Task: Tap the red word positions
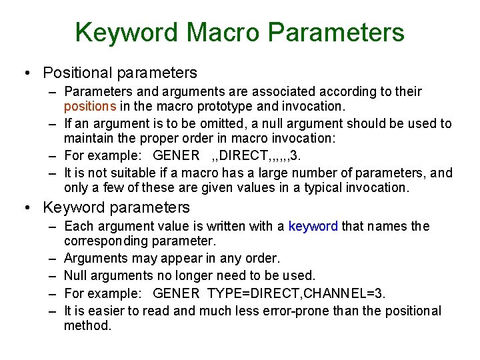point(90,106)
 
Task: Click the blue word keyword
point(313,226)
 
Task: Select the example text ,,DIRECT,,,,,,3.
point(255,156)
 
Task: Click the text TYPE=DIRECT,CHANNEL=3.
point(297,293)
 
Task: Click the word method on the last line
point(87,325)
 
